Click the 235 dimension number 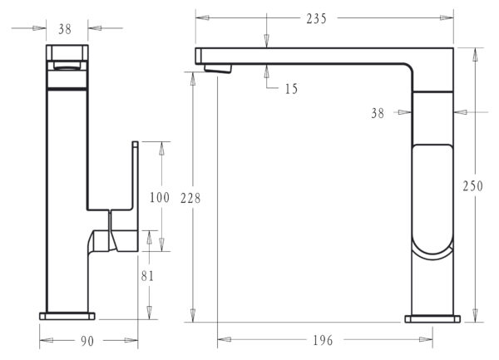pos(316,19)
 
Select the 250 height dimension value pos(472,186)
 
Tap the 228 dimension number pos(190,199)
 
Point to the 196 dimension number pos(323,341)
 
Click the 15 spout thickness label pos(291,89)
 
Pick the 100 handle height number pos(160,198)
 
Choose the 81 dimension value pos(147,276)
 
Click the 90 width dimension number pos(87,341)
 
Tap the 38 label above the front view pos(65,29)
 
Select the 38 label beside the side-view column pos(378,113)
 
